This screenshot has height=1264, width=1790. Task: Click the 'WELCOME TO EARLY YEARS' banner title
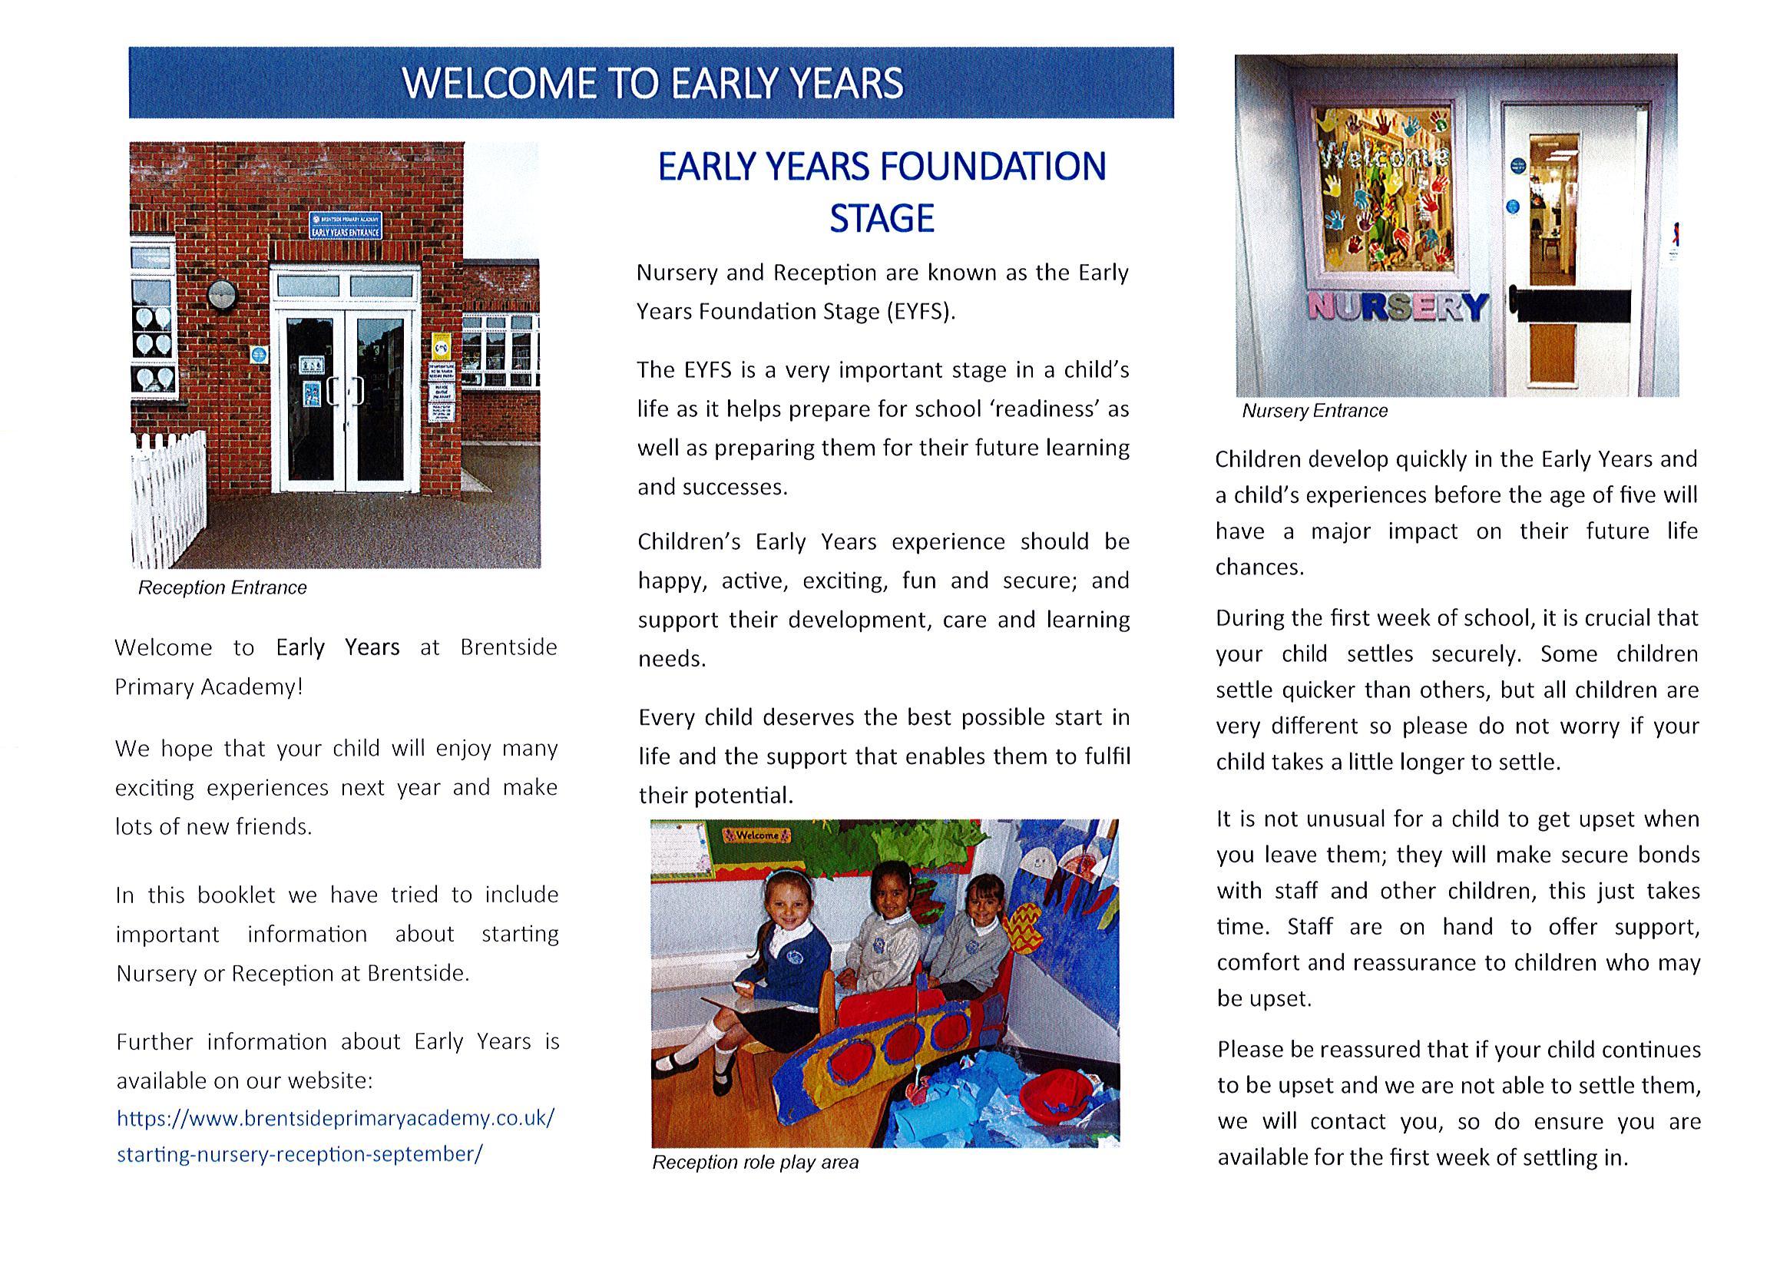click(652, 83)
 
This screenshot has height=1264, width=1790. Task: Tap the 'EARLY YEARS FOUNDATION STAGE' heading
click(882, 192)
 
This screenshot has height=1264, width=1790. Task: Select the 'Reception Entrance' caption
click(222, 588)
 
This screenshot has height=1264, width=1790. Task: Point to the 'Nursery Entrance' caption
click(1315, 411)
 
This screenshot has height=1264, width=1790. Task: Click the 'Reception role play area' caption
click(755, 1163)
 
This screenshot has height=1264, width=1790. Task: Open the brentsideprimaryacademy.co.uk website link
click(336, 1136)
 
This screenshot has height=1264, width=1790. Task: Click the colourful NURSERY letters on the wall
click(1397, 306)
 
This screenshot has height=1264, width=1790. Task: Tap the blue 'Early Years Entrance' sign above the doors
click(346, 224)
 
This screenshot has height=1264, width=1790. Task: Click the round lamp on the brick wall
click(222, 295)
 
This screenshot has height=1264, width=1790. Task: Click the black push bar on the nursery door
click(1571, 304)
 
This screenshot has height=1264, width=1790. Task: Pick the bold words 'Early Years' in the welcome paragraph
click(338, 648)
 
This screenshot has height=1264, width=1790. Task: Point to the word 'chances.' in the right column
click(1259, 567)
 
